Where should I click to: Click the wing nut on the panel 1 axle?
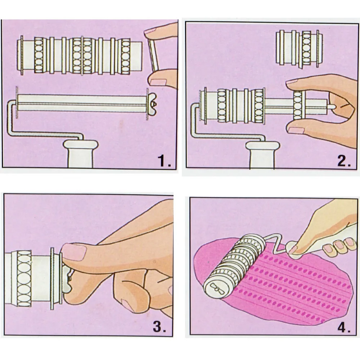pos(152,104)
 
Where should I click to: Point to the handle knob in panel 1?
pos(81,153)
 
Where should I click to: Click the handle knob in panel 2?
pos(262,155)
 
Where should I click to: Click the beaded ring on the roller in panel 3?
pos(24,279)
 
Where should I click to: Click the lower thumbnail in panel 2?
pos(296,130)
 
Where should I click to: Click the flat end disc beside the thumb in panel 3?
pos(52,279)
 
